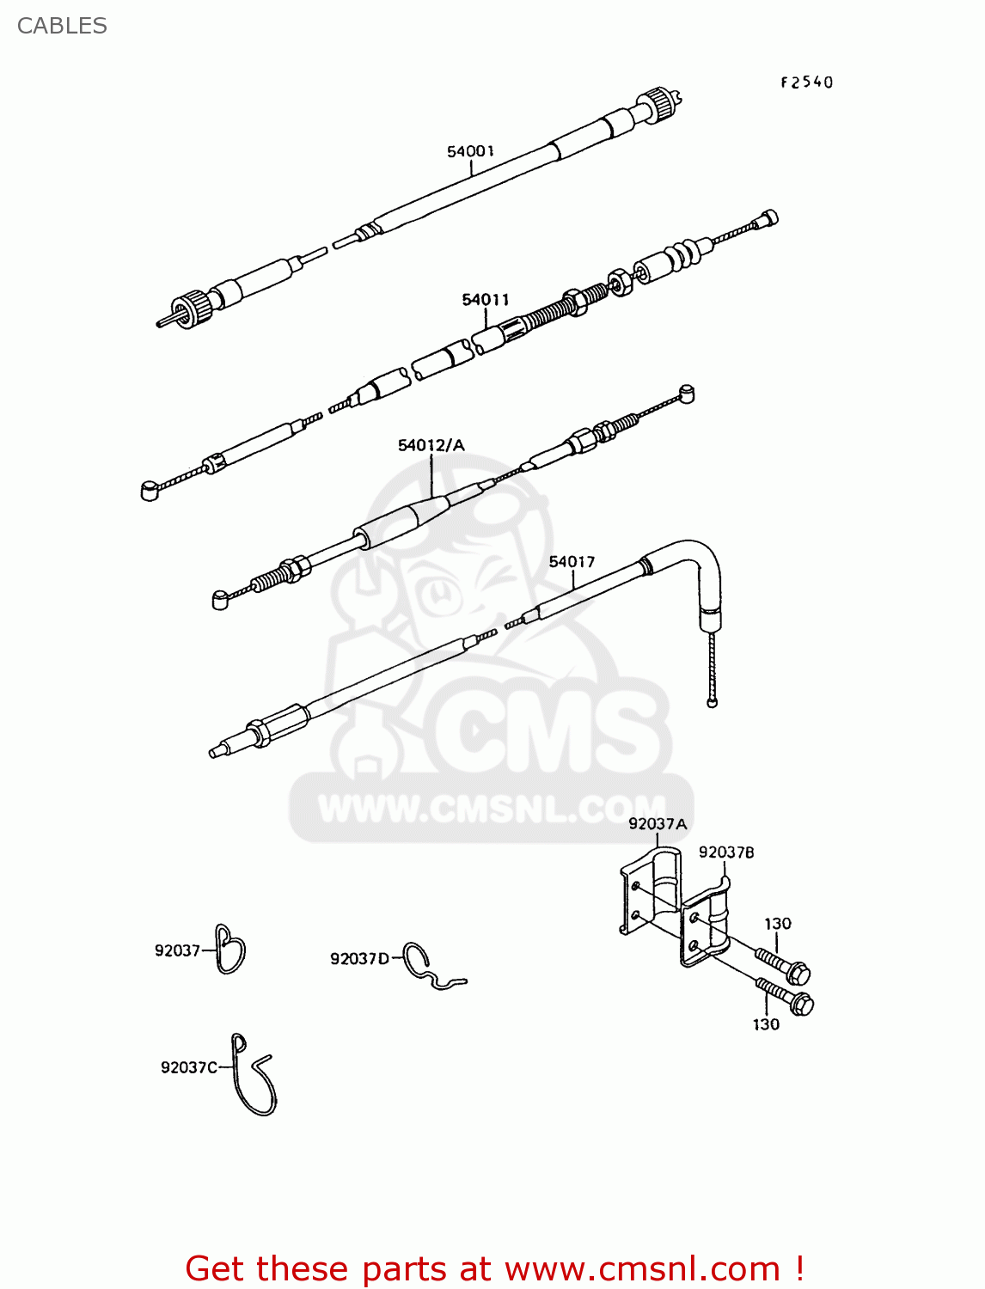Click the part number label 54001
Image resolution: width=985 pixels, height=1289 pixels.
pos(470,151)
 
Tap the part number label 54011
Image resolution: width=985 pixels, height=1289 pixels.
pos(486,299)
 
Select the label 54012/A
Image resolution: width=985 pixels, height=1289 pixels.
pos(431,444)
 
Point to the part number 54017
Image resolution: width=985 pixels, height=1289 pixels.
pos(572,561)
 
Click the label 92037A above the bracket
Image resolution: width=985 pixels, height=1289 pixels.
pos(658,823)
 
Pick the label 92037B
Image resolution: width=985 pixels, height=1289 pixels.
pos(726,852)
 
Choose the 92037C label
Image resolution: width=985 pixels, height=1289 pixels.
pos(189,1067)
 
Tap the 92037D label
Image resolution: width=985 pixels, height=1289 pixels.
pos(359,958)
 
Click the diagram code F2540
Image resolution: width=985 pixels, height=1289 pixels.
pos(806,82)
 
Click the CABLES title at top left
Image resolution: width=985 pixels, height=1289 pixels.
pos(62,26)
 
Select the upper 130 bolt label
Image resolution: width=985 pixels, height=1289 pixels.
pos(778,923)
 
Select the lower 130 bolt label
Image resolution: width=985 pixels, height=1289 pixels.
pos(766,1023)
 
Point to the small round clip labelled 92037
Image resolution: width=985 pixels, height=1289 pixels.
pos(229,950)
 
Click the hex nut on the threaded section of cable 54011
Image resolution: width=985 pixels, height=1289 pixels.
pos(619,281)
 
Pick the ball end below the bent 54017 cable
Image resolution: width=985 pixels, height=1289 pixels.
pos(712,702)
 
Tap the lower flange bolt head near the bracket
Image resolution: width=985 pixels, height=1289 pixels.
pos(802,1003)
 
